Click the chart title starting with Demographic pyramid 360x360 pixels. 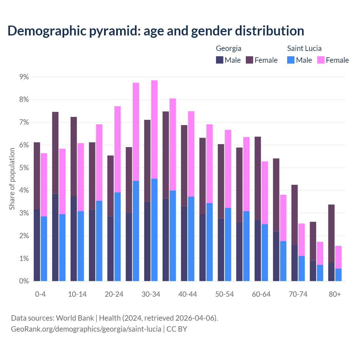(156, 31)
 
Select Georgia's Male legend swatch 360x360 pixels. (220, 60)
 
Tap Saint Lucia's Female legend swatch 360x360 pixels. (321, 60)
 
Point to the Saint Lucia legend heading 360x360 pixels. (304, 48)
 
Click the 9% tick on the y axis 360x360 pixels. (24, 77)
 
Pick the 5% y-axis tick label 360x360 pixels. (24, 168)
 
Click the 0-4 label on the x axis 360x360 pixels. (40, 294)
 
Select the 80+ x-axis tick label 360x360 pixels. (335, 294)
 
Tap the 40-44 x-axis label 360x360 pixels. (188, 294)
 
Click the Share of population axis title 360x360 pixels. (12, 179)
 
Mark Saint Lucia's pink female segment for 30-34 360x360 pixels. (154, 129)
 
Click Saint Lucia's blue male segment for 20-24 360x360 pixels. (118, 237)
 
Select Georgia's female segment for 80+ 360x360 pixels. (331, 233)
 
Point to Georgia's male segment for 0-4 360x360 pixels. (37, 245)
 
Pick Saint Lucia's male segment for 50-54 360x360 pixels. (228, 244)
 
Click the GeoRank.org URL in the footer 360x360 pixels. (86, 329)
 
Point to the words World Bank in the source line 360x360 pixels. (75, 318)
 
